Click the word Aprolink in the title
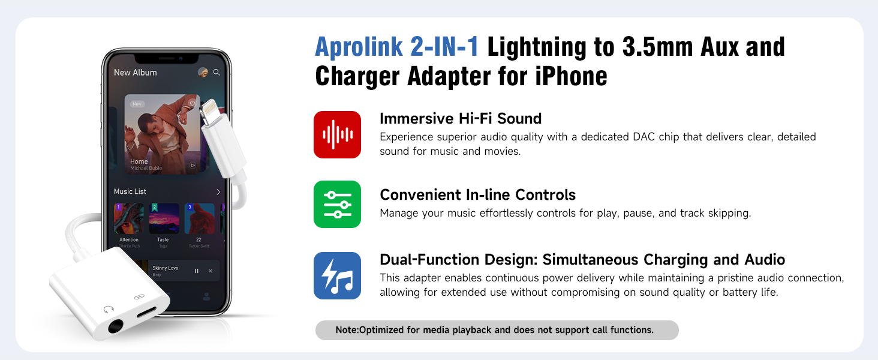coord(353,47)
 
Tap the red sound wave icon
coord(337,134)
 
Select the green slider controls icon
coord(337,204)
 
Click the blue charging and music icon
coord(337,275)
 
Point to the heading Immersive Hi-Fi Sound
coord(461,118)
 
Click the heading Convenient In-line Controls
coord(477,194)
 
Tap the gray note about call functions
coord(497,330)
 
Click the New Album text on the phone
coord(136,73)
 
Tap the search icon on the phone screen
coord(217,72)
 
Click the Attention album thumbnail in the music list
coord(129,218)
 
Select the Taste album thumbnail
coord(164,218)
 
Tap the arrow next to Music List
coord(218,192)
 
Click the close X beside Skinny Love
coord(211,271)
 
